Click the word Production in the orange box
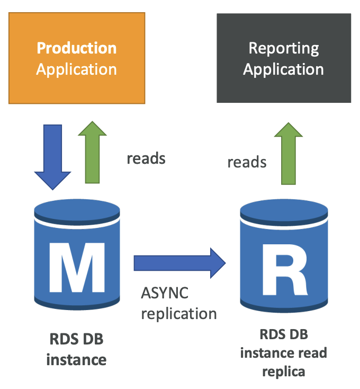(x=77, y=48)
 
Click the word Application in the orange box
(x=77, y=70)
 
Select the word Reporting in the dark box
(x=284, y=49)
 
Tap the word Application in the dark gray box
(x=283, y=70)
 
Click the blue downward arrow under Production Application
(x=52, y=157)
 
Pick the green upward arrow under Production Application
(x=93, y=152)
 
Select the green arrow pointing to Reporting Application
(x=289, y=154)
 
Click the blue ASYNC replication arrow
(x=179, y=263)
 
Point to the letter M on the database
(x=77, y=268)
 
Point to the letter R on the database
(x=284, y=270)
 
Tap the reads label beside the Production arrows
(x=146, y=158)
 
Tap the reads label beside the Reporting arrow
(x=247, y=162)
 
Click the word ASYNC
(x=165, y=293)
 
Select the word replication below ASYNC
(x=179, y=314)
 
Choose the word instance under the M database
(x=76, y=360)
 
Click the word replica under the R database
(x=284, y=372)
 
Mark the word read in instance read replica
(x=313, y=353)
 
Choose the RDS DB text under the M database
(x=76, y=339)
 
